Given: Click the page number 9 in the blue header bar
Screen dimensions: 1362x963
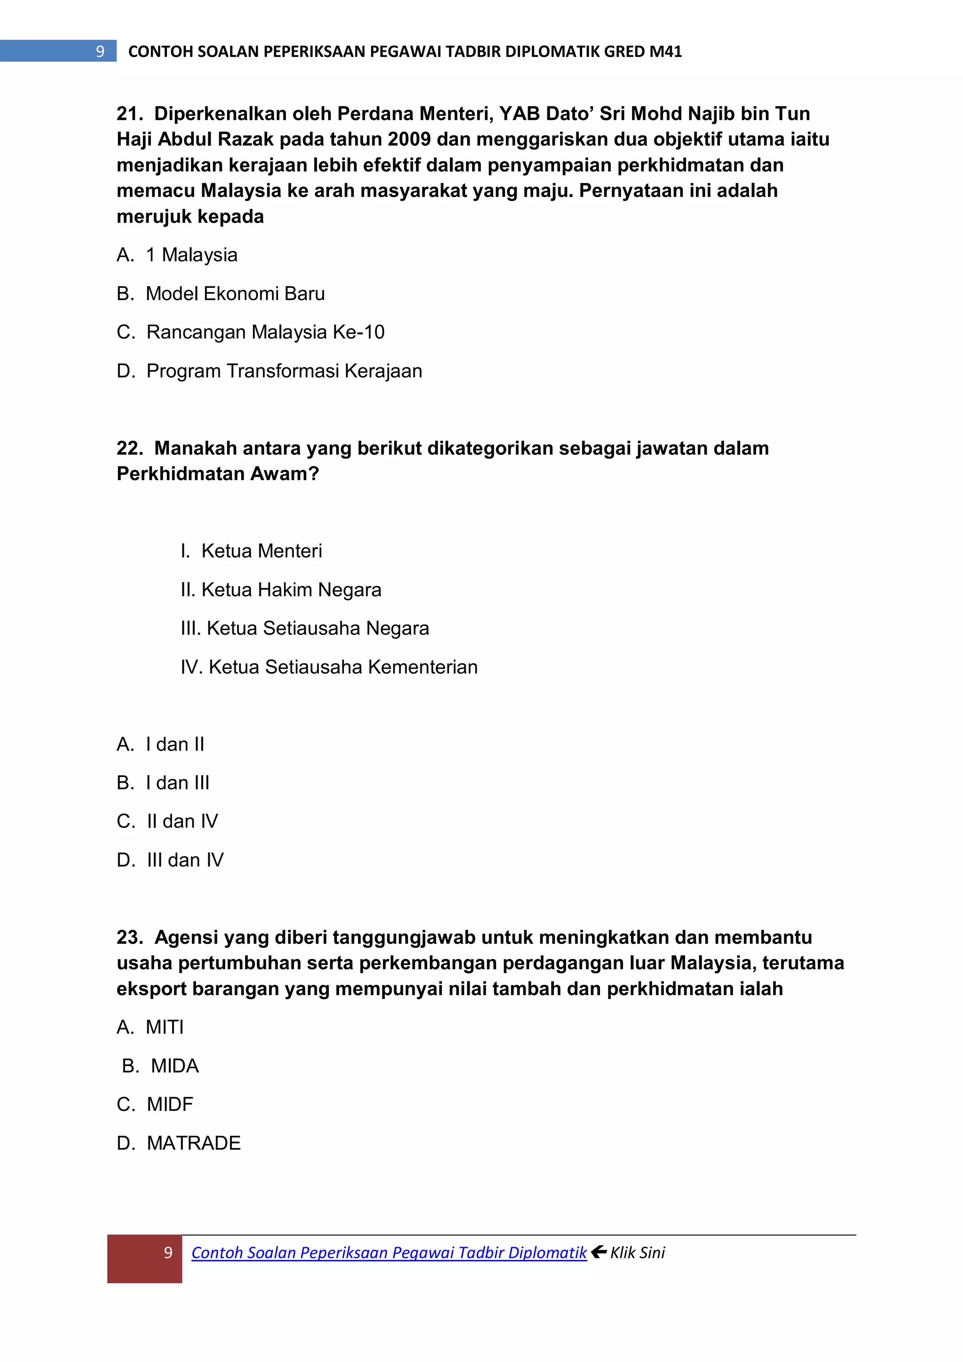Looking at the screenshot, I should click(x=100, y=52).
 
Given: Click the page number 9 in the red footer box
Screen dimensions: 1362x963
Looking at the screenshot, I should click(x=168, y=1252).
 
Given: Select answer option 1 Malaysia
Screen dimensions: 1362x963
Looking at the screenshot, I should click(x=191, y=255).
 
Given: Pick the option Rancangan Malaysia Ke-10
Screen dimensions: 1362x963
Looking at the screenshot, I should click(x=265, y=332).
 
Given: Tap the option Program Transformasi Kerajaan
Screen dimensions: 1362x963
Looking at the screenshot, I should click(x=284, y=371).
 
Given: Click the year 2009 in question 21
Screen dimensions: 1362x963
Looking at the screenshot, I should click(x=409, y=139).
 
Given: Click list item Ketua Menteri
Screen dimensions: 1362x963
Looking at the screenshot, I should click(x=261, y=551).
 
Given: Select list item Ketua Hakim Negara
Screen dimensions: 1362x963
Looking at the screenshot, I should click(x=291, y=590).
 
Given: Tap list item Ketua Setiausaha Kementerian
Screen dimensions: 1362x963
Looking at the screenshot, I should click(x=343, y=667).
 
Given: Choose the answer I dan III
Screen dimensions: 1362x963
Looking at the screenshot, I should click(x=177, y=783).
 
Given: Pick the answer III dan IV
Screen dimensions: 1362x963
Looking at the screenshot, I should click(x=185, y=860).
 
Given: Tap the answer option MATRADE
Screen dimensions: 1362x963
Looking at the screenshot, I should click(x=193, y=1143).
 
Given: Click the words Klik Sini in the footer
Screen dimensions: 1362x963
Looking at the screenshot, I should click(x=638, y=1252).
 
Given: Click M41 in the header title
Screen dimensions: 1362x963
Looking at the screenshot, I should click(x=665, y=52).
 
